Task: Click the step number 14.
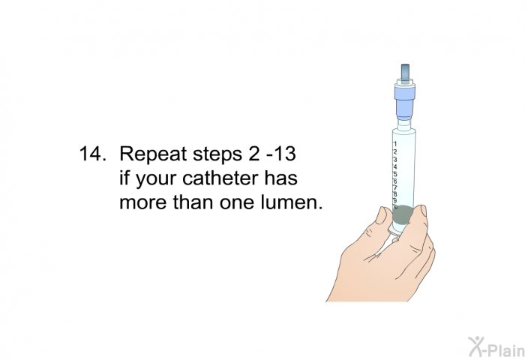click(93, 154)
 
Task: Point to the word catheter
click(220, 178)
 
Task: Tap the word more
click(143, 204)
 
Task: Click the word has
click(281, 178)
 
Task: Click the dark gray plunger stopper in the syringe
click(403, 214)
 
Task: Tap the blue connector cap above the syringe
click(405, 100)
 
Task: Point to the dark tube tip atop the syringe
click(405, 71)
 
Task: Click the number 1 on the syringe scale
click(395, 144)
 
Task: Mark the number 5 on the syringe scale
click(395, 174)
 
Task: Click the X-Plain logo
click(496, 346)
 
